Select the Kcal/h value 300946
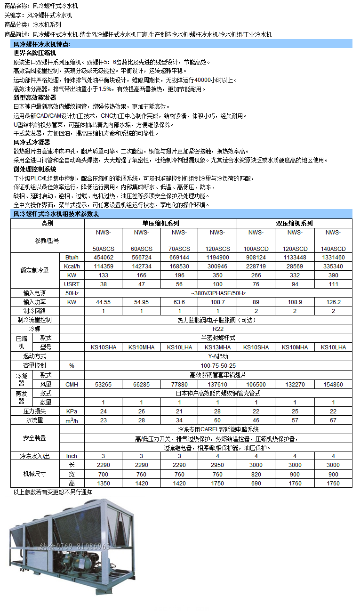click(x=217, y=266)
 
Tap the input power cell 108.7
click(x=217, y=302)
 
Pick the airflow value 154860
click(x=333, y=385)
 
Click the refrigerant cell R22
click(x=218, y=329)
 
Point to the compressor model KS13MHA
click(x=217, y=347)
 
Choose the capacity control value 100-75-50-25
click(x=218, y=366)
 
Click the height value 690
click(x=256, y=484)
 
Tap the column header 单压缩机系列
click(x=160, y=224)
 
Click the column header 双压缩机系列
click(x=294, y=224)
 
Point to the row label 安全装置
click(x=34, y=438)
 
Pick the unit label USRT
click(x=72, y=284)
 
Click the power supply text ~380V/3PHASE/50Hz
click(x=218, y=293)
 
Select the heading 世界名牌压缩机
click(x=35, y=53)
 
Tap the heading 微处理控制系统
click(x=35, y=169)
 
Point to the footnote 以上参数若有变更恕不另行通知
click(x=53, y=492)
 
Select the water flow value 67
click(x=333, y=420)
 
